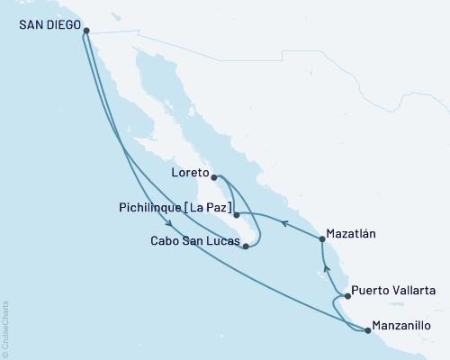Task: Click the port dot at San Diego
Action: [x=86, y=31]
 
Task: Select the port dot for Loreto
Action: [x=214, y=177]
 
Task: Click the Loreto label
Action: [x=191, y=172]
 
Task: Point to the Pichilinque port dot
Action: [x=236, y=216]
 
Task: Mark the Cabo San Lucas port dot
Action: [x=245, y=246]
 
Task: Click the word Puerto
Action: [x=371, y=291]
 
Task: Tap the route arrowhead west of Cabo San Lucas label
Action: [x=168, y=225]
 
